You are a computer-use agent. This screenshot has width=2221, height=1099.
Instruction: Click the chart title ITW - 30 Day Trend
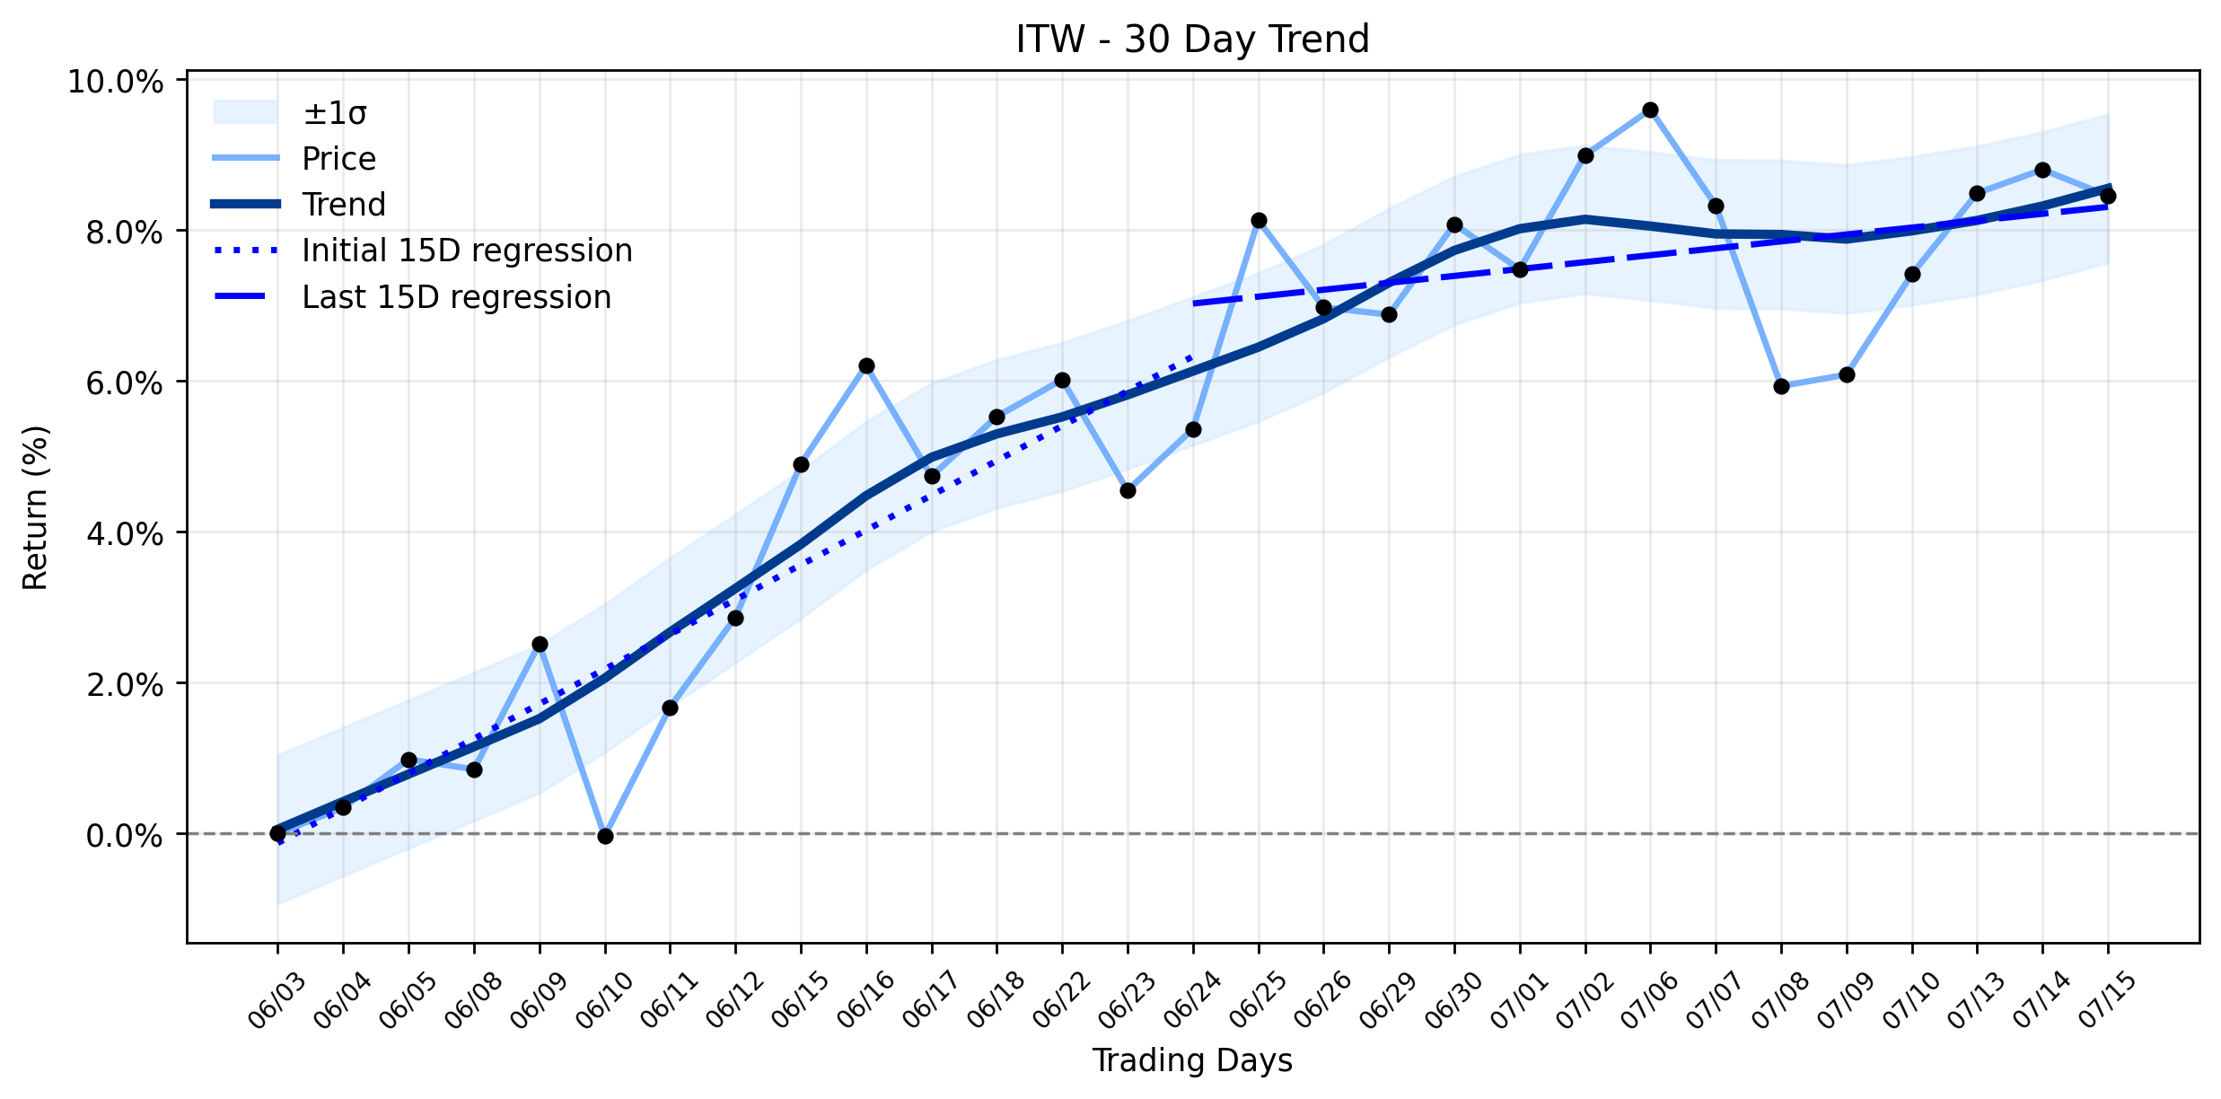1192,40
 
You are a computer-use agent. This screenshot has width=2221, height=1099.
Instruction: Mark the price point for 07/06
1650,110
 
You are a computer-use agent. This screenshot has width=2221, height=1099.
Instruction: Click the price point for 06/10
605,836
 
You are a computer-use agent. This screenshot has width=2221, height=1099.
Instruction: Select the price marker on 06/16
866,365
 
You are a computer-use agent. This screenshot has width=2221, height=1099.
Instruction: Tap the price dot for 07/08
1781,386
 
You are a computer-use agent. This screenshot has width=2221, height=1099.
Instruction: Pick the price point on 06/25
1259,220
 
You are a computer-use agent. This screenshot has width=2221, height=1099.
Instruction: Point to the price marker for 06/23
1128,490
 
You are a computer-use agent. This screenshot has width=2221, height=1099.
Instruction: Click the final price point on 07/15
2108,196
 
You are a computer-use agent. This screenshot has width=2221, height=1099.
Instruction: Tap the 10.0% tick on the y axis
116,82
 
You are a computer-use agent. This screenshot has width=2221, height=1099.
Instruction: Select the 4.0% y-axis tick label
125,534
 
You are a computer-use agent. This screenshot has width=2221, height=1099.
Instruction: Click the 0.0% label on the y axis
125,836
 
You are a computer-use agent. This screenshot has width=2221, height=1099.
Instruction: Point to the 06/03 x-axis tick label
277,999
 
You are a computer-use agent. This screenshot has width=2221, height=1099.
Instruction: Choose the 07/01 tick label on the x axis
1520,999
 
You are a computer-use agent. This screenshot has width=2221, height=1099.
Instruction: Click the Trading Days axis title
1192,1061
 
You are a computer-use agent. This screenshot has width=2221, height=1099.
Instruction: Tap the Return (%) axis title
36,507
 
